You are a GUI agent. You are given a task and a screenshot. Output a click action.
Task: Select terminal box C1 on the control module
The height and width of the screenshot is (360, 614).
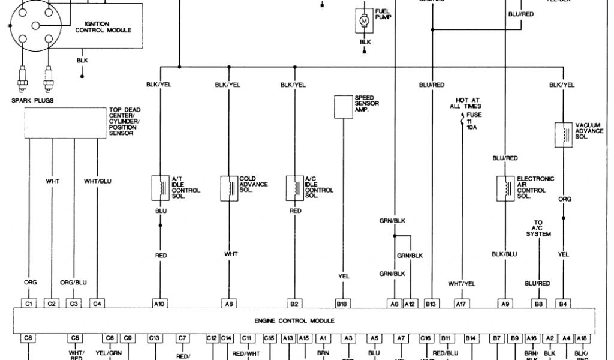tap(29, 304)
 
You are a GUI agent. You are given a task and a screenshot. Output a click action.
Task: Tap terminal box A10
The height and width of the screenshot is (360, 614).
tap(159, 304)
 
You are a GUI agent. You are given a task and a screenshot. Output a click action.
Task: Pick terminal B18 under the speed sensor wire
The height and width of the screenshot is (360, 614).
tap(342, 304)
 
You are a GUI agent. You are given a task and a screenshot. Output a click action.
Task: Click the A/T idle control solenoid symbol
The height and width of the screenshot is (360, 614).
tap(160, 188)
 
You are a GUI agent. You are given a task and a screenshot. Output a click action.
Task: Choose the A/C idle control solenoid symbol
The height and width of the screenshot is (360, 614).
tap(294, 188)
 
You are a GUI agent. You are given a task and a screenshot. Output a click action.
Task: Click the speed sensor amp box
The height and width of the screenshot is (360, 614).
tap(343, 106)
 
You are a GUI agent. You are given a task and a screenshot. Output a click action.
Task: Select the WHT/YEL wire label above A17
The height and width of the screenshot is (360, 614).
tap(462, 283)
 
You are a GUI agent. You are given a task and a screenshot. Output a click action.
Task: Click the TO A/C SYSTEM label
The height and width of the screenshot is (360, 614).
tap(538, 228)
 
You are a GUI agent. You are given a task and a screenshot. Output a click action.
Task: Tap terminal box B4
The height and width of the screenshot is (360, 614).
tap(563, 304)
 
